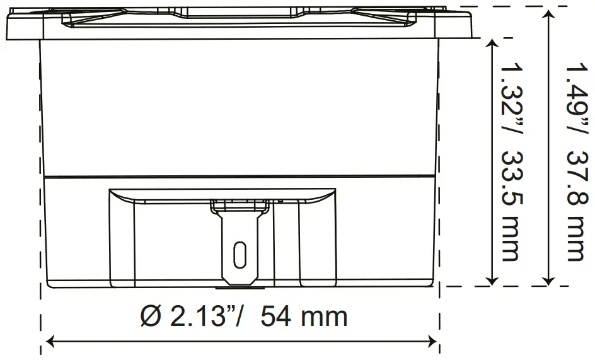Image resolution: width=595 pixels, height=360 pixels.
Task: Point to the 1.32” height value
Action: click(x=509, y=94)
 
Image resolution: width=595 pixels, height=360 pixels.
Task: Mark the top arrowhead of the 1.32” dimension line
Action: click(x=492, y=44)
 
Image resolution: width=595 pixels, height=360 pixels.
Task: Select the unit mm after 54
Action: click(x=324, y=316)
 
